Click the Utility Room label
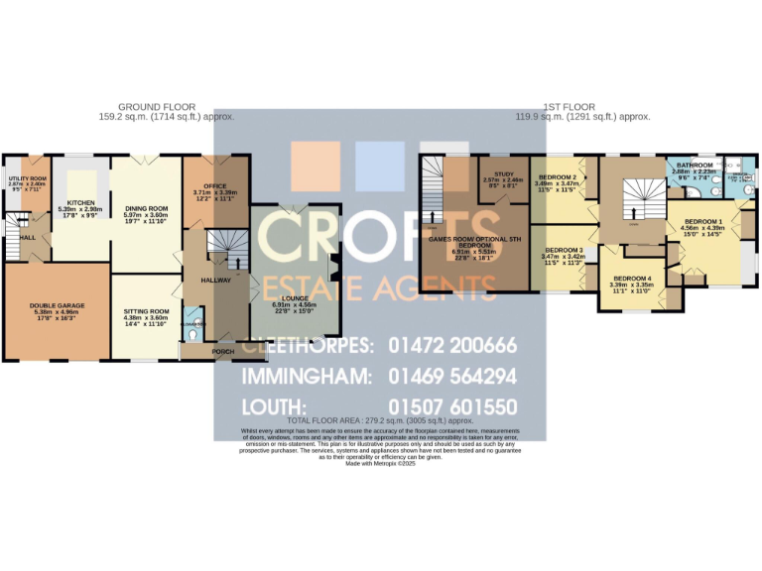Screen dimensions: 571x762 (27, 179)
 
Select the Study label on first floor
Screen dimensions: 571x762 (503, 175)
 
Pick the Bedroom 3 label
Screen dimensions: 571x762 (563, 250)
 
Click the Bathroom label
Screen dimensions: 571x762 (694, 166)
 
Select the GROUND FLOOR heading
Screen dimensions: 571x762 (157, 106)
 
